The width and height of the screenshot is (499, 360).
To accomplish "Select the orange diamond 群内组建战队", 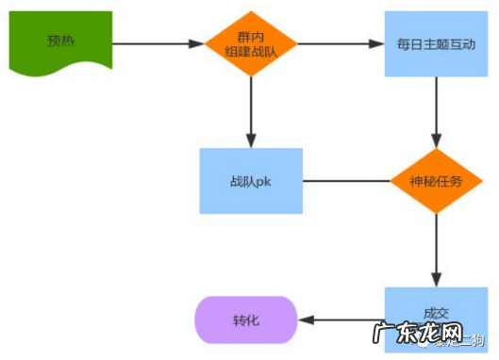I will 251,43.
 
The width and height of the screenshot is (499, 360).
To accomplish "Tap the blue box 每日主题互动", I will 436,43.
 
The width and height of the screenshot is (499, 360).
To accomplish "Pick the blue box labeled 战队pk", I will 251,180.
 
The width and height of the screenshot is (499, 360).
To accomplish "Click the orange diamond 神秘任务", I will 435,180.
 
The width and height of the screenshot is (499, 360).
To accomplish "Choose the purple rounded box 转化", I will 245,320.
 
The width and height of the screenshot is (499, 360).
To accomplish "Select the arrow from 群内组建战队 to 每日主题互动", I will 341,43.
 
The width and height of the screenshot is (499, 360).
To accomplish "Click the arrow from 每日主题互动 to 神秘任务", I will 435,111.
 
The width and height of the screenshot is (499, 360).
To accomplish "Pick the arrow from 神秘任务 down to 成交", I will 435,250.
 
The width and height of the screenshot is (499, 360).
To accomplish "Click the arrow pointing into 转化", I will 340,320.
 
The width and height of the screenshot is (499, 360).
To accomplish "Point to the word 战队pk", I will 251,180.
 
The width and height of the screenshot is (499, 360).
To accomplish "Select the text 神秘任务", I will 435,180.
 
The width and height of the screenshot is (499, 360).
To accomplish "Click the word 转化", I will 245,320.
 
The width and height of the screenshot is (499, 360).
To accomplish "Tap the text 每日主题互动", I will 436,43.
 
